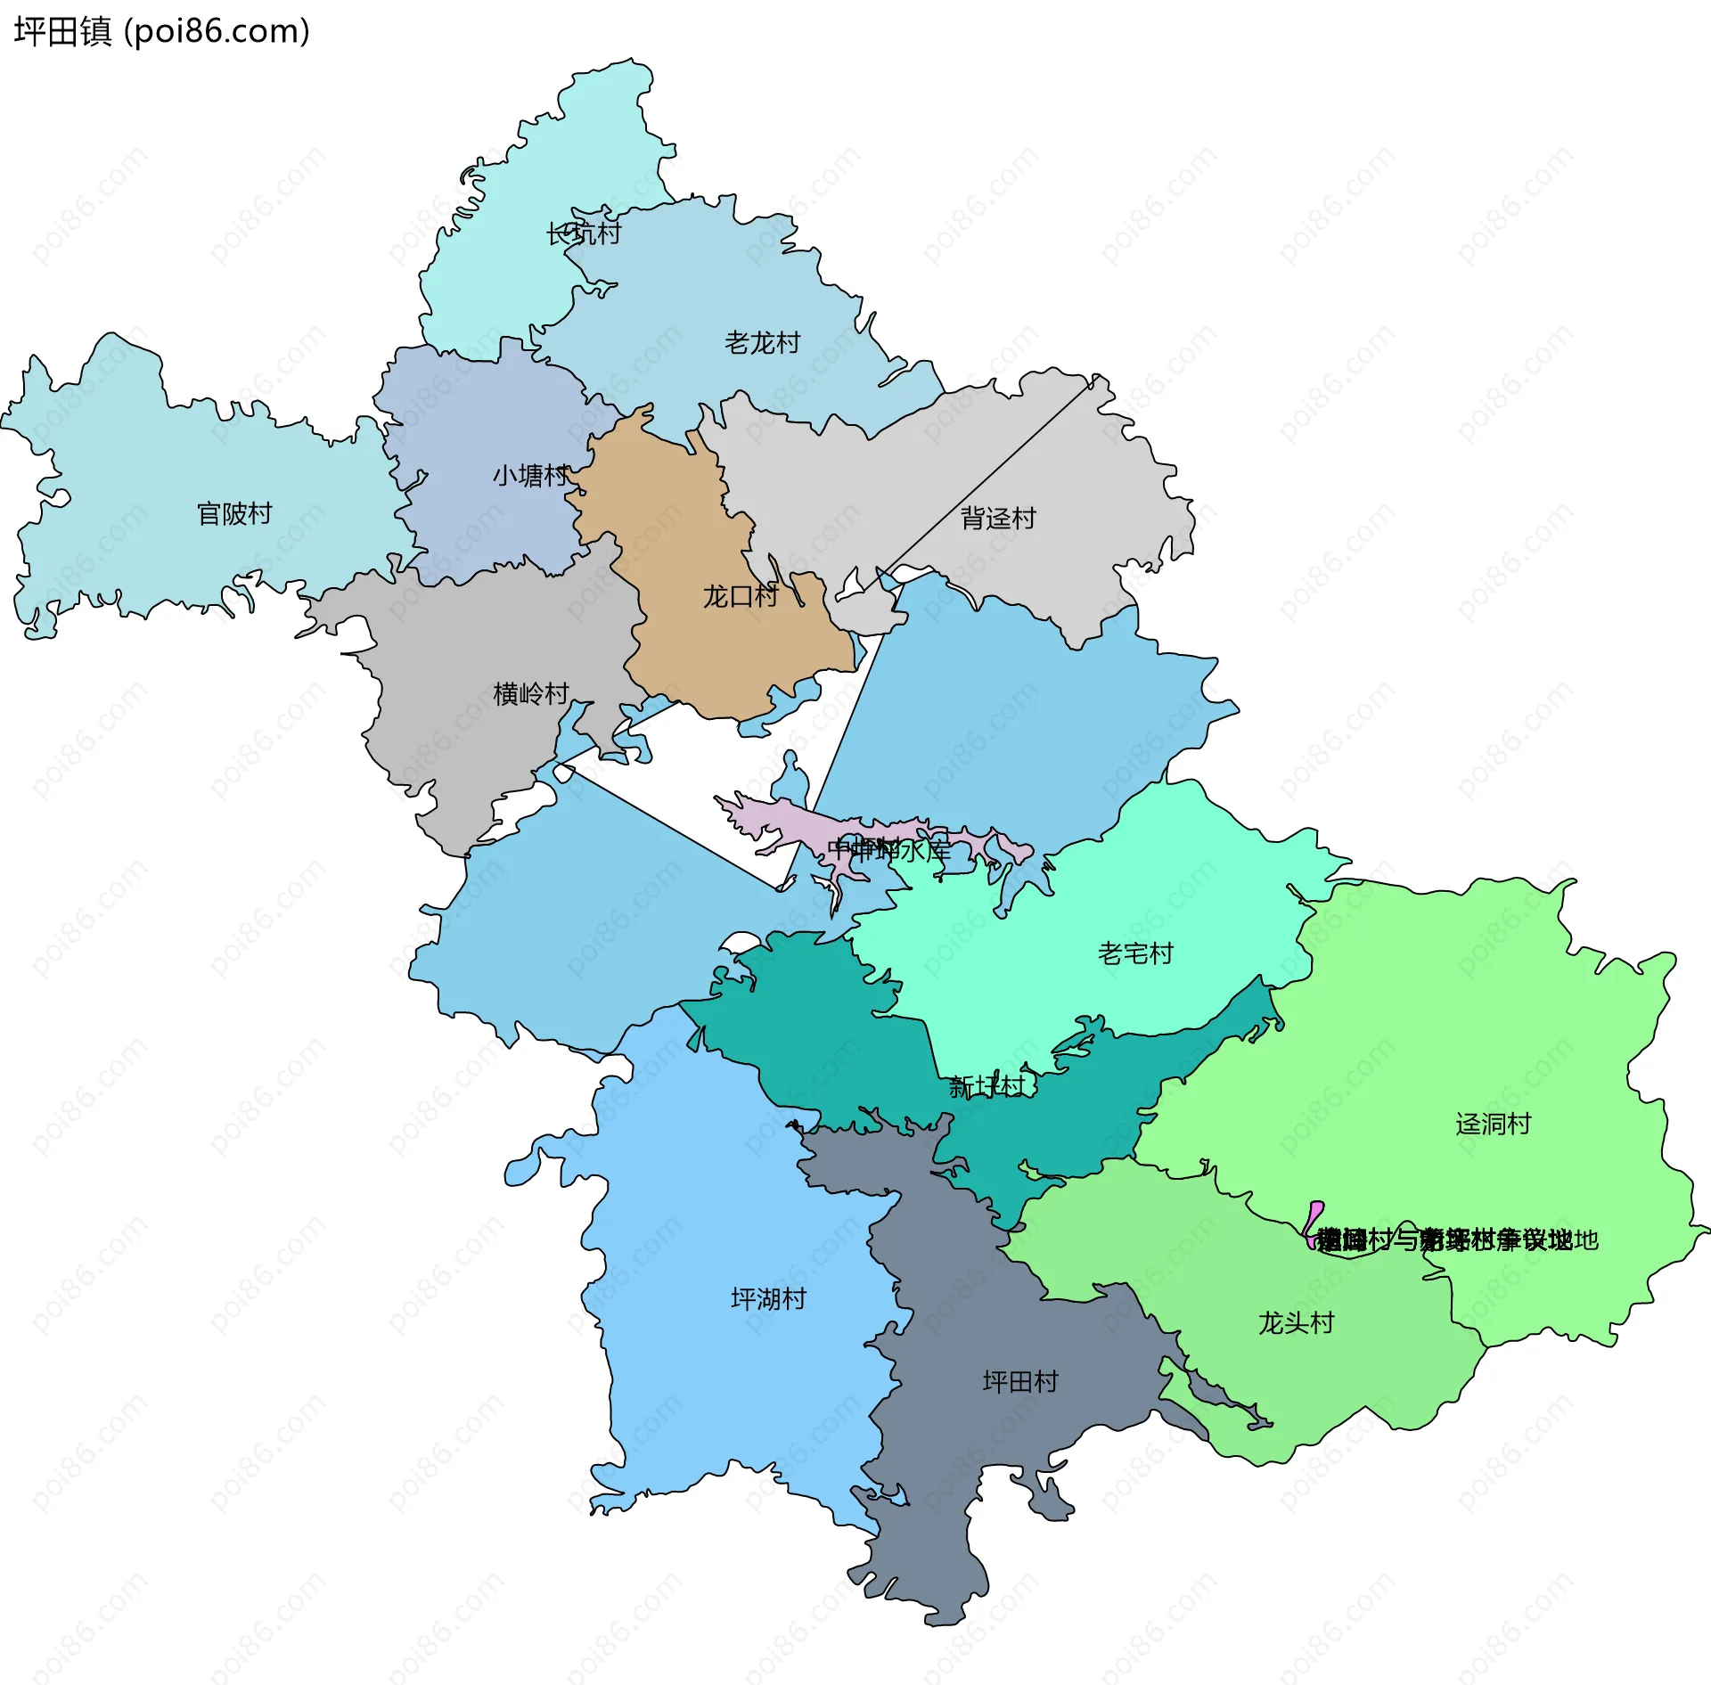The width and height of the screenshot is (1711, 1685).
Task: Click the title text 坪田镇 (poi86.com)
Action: click(161, 31)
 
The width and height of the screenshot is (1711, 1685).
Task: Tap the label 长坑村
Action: click(583, 233)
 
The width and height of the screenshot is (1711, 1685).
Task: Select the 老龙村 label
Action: click(762, 342)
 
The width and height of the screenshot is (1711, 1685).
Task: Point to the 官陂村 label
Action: click(233, 513)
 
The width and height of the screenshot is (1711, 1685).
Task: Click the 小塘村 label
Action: click(530, 475)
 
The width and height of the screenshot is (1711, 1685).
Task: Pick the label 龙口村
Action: click(740, 596)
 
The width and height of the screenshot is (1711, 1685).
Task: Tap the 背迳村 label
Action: click(998, 518)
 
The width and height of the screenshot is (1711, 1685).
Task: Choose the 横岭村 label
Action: click(530, 693)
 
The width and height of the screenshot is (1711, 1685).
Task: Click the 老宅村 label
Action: click(1135, 953)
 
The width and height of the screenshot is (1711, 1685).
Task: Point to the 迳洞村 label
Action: click(1493, 1124)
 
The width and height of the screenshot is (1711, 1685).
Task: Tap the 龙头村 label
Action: click(1296, 1322)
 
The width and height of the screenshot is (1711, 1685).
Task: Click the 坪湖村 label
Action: click(768, 1298)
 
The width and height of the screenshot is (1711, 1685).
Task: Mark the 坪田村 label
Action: click(1019, 1381)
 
